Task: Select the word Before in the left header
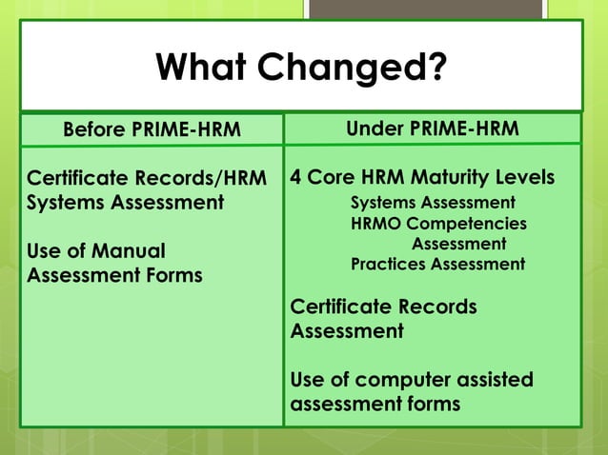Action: click(94, 129)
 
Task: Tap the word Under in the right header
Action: click(377, 129)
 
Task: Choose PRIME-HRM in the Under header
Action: click(465, 129)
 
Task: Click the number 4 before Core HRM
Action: click(296, 178)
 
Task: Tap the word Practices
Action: click(389, 265)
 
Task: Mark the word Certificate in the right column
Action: click(338, 307)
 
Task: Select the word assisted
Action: click(496, 380)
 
